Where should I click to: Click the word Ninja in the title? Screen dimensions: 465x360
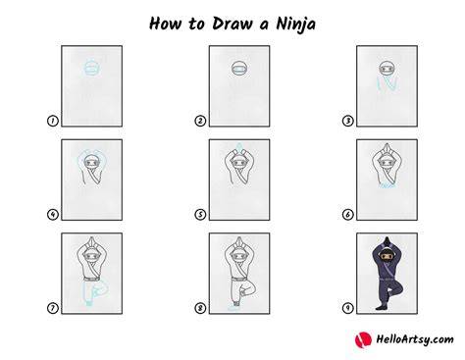point(295,25)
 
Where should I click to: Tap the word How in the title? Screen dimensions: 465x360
point(165,24)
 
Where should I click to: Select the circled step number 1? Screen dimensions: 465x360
point(53,121)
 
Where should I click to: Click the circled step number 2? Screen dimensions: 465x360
point(200,121)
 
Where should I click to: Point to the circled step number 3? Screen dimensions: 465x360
point(348,121)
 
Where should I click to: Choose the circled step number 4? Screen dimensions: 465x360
point(53,215)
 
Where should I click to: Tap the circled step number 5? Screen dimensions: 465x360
point(200,215)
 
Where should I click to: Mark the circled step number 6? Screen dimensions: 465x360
point(348,215)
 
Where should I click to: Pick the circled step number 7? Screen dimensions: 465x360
point(53,308)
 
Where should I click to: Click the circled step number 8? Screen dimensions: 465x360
point(200,308)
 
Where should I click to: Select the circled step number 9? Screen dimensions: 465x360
point(348,308)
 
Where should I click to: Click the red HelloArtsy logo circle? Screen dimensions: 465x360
point(363,339)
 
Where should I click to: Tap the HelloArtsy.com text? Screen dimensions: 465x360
point(415,339)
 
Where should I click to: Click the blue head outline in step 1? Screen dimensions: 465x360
point(92,68)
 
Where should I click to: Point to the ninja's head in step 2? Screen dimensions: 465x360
point(239,69)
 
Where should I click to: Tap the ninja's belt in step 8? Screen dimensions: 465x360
point(239,279)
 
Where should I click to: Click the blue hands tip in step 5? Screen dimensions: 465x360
point(239,146)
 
